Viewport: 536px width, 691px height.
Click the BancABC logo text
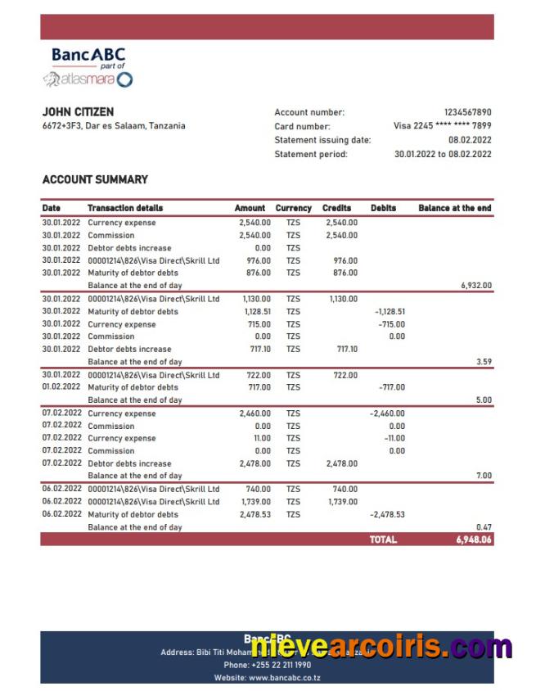pyautogui.click(x=88, y=56)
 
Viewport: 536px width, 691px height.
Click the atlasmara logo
pyautogui.click(x=88, y=79)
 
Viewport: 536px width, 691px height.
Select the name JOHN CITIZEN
pyautogui.click(x=78, y=111)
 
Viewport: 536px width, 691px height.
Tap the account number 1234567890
pyautogui.click(x=467, y=112)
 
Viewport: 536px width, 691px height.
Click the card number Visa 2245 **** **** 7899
pyautogui.click(x=442, y=126)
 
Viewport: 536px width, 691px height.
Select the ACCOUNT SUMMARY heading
pyautogui.click(x=95, y=179)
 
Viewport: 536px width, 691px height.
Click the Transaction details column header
pyautogui.click(x=125, y=208)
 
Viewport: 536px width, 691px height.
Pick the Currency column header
pyautogui.click(x=293, y=208)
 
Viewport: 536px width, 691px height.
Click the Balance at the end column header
pyautogui.click(x=454, y=208)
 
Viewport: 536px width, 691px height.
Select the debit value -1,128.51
pyautogui.click(x=390, y=312)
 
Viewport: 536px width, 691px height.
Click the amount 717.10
pyautogui.click(x=258, y=349)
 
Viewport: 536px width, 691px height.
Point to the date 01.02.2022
pyautogui.click(x=61, y=387)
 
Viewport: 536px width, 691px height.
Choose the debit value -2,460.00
pyautogui.click(x=388, y=413)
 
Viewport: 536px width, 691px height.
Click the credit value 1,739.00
pyautogui.click(x=341, y=502)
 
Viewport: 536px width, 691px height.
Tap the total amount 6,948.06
pyautogui.click(x=474, y=540)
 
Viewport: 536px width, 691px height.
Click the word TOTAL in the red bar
pyautogui.click(x=383, y=540)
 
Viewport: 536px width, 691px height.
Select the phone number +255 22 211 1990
pyautogui.click(x=278, y=665)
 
